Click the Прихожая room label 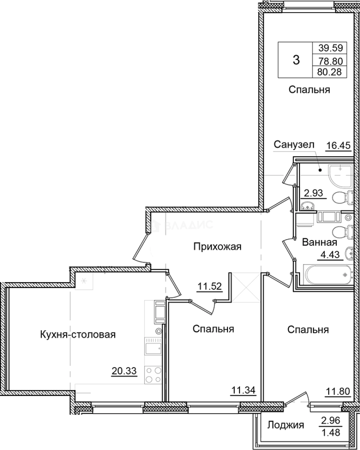pos(217,247)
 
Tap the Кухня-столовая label pos(77,334)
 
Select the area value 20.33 pos(124,370)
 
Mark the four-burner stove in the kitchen pos(153,374)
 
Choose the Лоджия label pos(285,425)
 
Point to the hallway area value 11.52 pos(209,286)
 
